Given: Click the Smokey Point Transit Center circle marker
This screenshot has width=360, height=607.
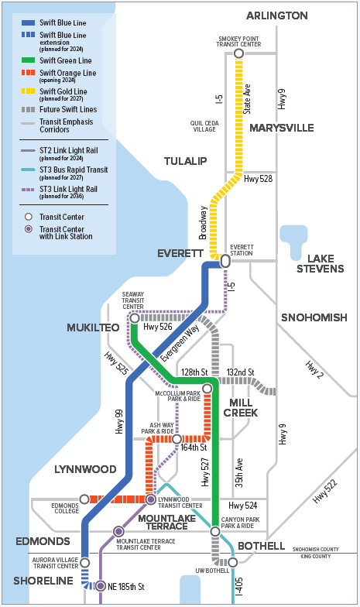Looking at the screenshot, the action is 238,53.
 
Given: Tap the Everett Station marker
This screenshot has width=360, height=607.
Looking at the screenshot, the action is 225,262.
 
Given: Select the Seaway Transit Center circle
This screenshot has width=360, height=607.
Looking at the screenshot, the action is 135,318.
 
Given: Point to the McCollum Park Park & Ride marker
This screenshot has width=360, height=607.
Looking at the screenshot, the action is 207,389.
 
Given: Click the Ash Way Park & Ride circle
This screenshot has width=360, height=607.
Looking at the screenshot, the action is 177,439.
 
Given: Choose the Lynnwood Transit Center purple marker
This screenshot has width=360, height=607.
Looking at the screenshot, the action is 151,499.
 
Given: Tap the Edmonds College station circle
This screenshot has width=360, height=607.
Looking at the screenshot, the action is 84,499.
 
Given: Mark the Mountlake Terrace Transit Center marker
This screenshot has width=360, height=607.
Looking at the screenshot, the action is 118,531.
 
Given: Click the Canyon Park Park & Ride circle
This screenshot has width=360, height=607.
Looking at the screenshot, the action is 215,531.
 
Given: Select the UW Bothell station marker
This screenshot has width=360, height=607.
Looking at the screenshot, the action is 232,562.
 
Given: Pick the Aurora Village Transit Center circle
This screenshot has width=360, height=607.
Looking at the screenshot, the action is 85,562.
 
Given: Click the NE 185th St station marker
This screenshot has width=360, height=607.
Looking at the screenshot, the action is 101,586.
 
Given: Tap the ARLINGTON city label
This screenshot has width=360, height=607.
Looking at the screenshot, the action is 277,15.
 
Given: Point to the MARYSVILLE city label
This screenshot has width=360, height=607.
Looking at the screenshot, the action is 282,128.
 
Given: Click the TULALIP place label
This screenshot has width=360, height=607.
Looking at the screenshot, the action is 186,161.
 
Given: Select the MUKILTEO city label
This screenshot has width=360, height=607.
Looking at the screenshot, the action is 93,328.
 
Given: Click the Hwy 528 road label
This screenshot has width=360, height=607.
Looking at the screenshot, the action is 259,178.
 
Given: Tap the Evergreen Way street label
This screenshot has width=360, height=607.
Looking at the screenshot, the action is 180,342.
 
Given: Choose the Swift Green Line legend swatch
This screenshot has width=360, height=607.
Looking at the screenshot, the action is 28,60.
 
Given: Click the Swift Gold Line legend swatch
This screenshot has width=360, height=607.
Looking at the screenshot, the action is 28,91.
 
